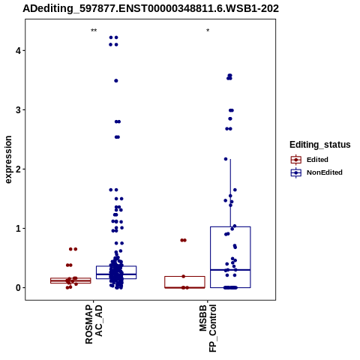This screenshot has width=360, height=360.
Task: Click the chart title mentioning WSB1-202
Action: pos(151,8)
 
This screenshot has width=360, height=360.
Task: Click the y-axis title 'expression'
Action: pos(8,160)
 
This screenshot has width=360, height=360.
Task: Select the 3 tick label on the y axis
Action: pos(19,110)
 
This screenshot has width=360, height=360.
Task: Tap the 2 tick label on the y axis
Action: pos(19,169)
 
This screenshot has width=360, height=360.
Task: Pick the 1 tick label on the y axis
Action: pos(19,228)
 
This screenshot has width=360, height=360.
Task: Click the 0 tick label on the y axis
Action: pos(19,287)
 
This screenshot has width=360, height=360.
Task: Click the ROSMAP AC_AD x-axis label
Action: pos(94,324)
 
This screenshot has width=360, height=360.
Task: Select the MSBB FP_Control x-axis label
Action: pos(208,328)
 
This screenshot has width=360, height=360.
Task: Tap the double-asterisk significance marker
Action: pos(94,31)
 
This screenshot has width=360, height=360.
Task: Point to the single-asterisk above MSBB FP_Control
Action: pos(208,31)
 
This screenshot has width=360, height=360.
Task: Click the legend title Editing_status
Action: pos(320,145)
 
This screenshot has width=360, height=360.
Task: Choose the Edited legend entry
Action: pos(310,160)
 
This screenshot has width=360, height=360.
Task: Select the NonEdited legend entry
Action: pos(316,172)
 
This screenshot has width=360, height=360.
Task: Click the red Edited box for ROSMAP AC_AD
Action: pos(70,277)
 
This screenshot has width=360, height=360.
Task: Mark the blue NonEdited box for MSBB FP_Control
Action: pos(211,250)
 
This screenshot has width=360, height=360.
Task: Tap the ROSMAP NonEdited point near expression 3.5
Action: pos(116,81)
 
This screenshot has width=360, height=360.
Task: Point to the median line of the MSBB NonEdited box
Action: pos(230,270)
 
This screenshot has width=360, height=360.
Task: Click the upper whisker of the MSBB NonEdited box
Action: pos(230,193)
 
